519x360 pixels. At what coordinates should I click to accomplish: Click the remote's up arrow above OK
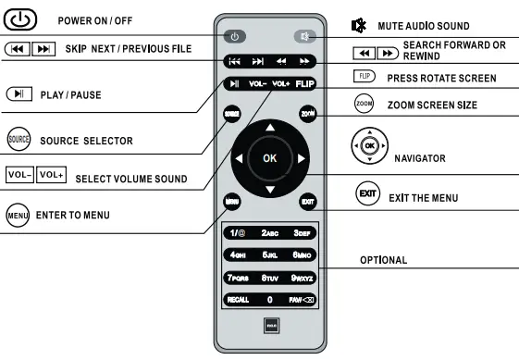269,126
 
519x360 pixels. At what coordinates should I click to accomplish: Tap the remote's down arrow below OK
269,190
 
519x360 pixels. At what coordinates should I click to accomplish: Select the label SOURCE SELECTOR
84,141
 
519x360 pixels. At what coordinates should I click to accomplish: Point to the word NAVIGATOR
422,158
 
